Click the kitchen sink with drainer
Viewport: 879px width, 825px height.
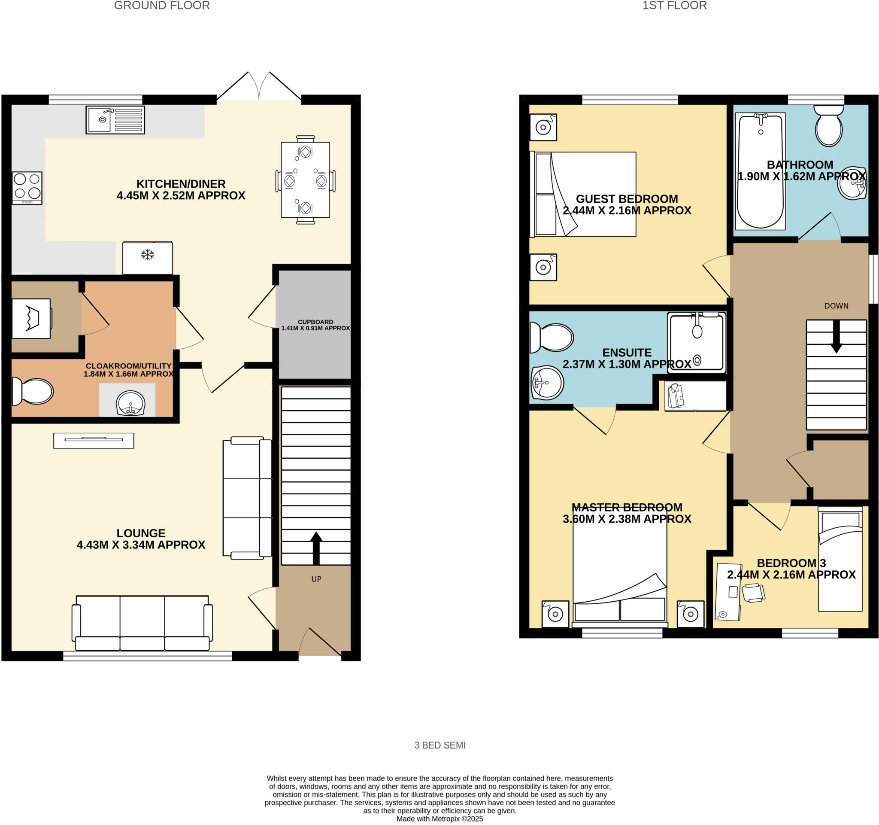[115, 120]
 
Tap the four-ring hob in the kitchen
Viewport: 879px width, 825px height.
[27, 188]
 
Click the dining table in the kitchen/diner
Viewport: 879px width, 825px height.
[305, 180]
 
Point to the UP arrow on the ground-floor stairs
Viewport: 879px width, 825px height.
[316, 548]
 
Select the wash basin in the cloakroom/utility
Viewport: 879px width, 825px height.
[130, 403]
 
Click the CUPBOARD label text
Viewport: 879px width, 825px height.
[315, 322]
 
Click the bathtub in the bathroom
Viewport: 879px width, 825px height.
[760, 172]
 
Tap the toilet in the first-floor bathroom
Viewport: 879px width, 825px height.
[829, 126]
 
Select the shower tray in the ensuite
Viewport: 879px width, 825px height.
[697, 342]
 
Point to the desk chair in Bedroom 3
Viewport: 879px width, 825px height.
[753, 593]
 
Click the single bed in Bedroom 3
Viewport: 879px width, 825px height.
[840, 560]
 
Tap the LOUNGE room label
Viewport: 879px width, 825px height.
[141, 533]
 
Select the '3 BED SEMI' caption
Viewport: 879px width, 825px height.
[439, 746]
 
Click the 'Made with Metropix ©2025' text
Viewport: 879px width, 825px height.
[439, 819]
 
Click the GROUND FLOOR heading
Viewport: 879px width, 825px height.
[162, 6]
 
